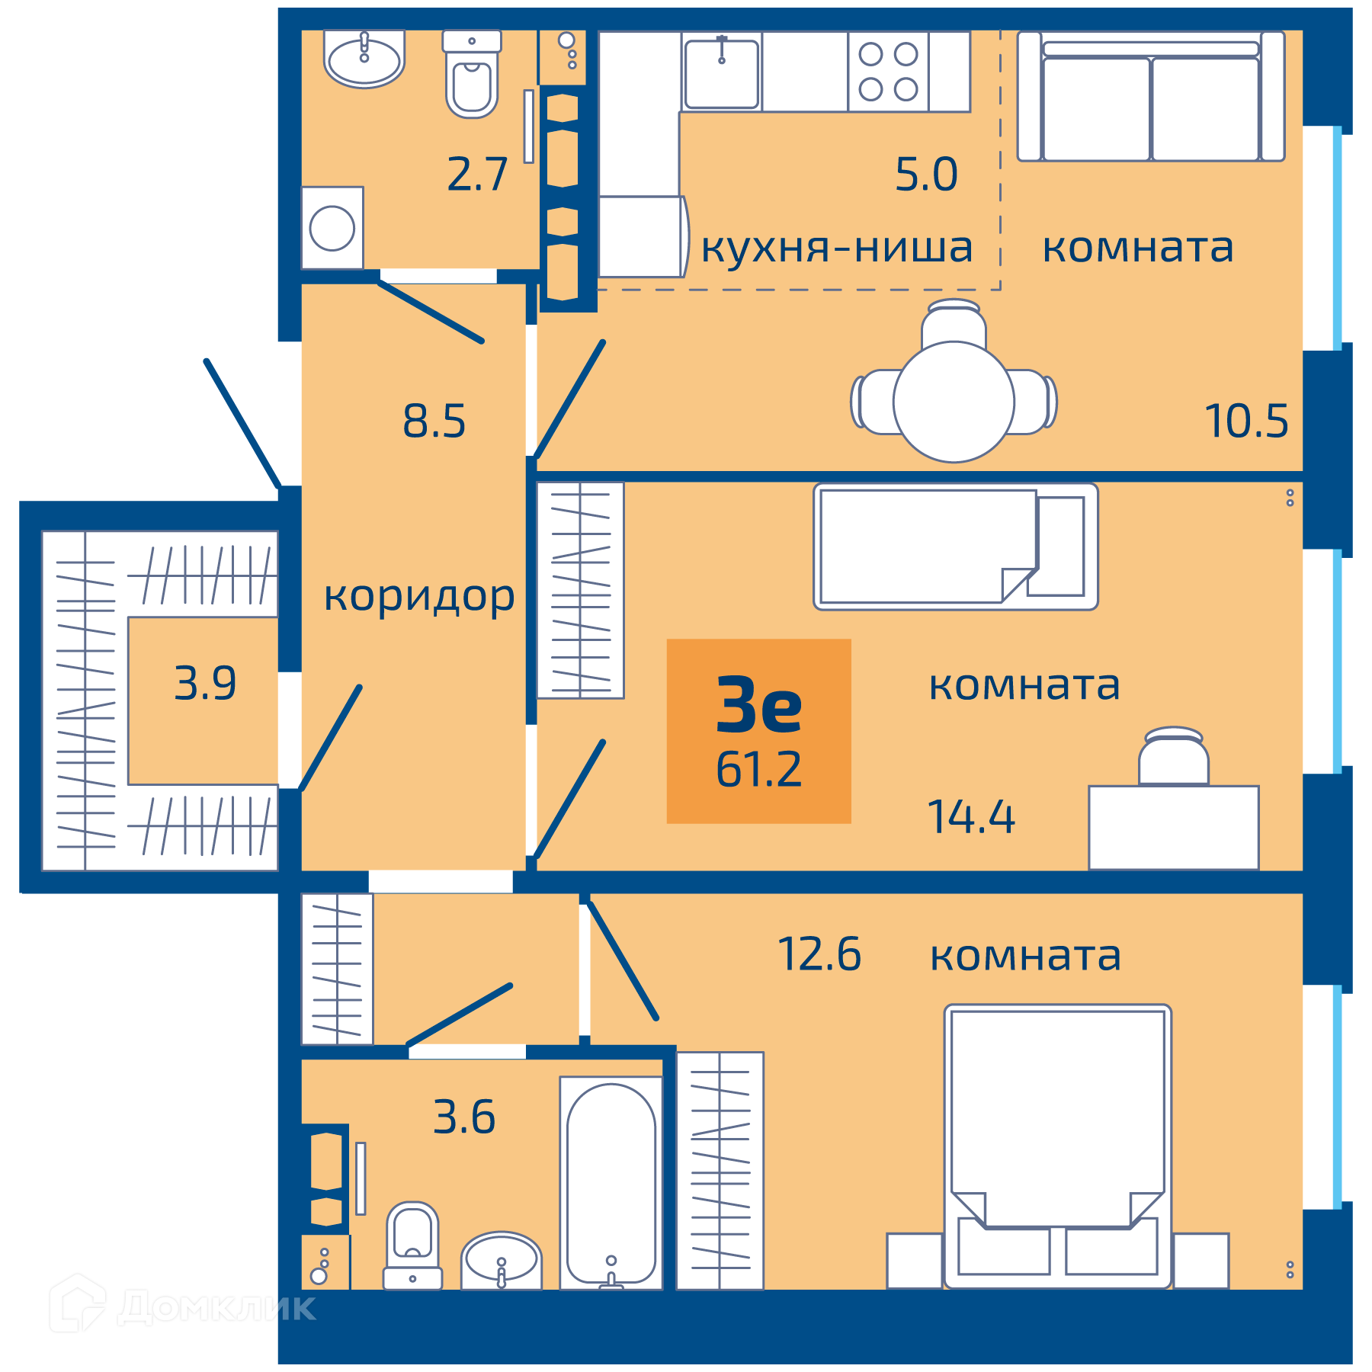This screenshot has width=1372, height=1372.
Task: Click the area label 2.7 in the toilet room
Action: point(477,175)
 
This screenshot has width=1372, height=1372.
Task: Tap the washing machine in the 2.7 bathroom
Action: point(332,228)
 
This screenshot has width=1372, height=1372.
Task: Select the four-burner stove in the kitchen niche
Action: point(888,72)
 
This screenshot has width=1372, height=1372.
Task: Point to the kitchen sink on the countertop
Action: point(722,72)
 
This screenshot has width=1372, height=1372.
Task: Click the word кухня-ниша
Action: point(837,248)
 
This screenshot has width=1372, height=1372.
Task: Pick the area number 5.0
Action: point(926,175)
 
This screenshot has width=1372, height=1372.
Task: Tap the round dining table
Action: point(954,402)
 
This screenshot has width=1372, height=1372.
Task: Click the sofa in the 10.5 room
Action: point(1151,96)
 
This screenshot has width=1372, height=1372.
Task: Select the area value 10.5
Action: point(1246,422)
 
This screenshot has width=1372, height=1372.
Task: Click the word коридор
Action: point(419,597)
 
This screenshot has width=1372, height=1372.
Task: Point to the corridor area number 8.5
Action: point(434,422)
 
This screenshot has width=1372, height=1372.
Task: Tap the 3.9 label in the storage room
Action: point(205,683)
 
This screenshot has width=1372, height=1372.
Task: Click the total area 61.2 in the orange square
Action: point(758,769)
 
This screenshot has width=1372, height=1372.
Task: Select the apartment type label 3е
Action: point(759,705)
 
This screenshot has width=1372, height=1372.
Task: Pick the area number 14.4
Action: point(971,817)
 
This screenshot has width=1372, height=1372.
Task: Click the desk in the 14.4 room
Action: point(1174,827)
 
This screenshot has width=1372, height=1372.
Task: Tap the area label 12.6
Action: point(819,954)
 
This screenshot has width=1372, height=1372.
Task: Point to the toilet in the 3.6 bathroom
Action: point(412,1245)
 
